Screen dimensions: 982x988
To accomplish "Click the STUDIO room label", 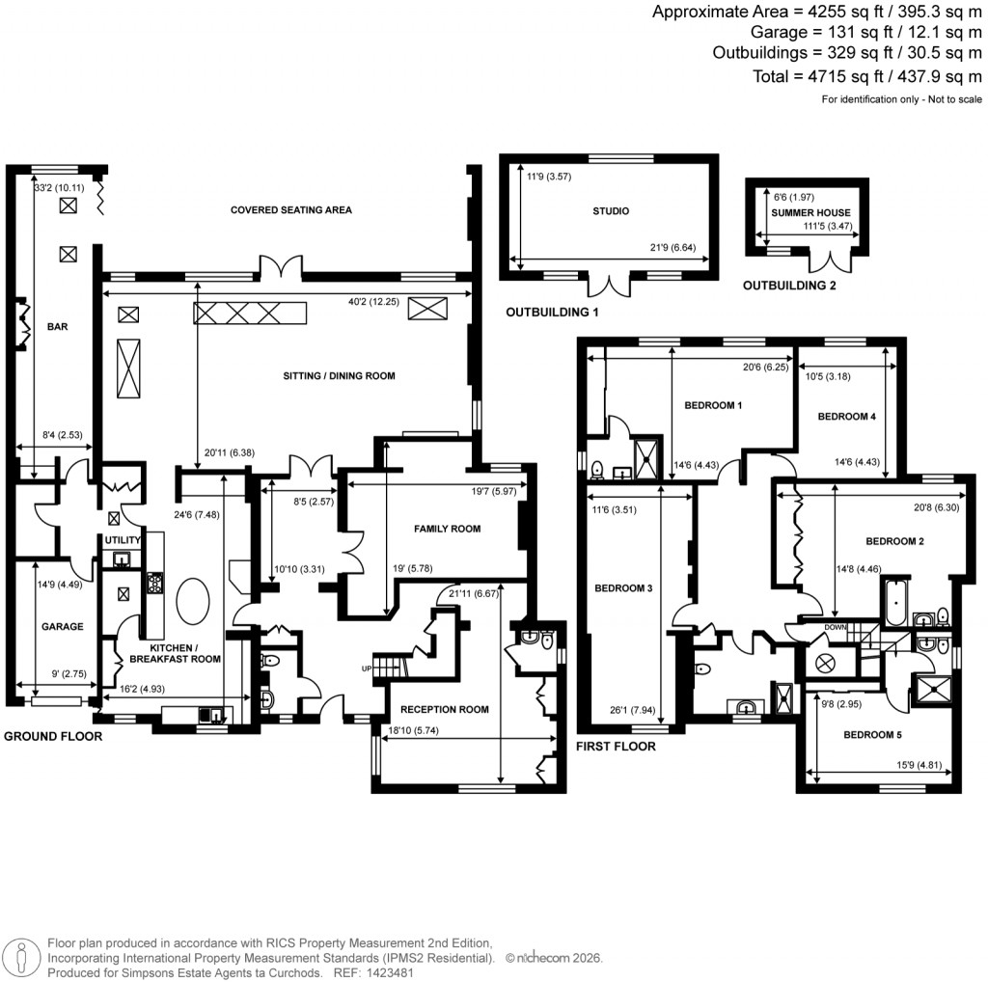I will click(x=609, y=210).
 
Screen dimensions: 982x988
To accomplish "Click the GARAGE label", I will click(x=62, y=626).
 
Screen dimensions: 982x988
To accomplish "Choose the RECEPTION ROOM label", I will click(x=448, y=709).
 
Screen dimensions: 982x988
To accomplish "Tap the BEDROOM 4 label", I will click(x=846, y=417).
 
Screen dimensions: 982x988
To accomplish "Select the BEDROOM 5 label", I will click(x=873, y=734).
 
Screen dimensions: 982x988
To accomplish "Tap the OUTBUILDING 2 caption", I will click(x=788, y=286).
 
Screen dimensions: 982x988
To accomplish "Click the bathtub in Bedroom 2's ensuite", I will click(x=894, y=604).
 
